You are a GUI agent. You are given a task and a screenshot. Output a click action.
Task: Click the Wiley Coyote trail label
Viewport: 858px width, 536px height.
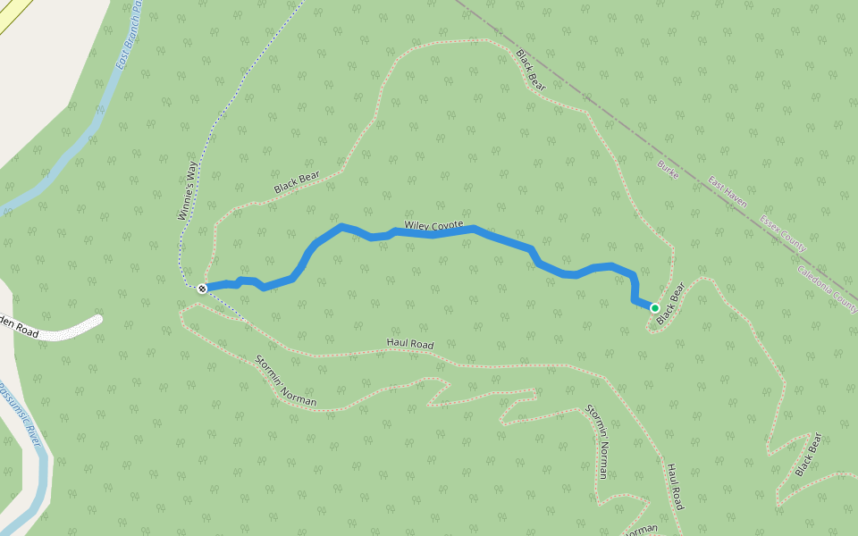[x=433, y=225]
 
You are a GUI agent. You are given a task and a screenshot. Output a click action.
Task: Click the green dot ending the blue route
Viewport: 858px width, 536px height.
[x=655, y=308]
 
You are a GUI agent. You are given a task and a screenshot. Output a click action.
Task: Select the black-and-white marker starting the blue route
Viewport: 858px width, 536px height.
[x=202, y=288]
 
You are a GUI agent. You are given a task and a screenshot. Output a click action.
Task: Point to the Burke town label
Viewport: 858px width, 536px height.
[x=668, y=170]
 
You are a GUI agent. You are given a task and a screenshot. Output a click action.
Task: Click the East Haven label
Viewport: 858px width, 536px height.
[x=728, y=191]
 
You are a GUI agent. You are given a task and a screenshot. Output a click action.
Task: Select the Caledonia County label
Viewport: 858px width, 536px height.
[x=827, y=289]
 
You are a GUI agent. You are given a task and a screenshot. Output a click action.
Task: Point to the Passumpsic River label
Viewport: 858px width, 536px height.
[x=32, y=420]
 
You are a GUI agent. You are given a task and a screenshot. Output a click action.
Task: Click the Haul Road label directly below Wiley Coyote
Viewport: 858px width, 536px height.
[x=409, y=343]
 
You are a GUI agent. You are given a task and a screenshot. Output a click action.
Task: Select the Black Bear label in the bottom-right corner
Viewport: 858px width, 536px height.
[x=807, y=454]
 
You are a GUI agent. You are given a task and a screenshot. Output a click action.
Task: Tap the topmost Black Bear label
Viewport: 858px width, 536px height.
[x=530, y=70]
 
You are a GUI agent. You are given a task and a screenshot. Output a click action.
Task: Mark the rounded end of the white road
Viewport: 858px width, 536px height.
[x=97, y=319]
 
